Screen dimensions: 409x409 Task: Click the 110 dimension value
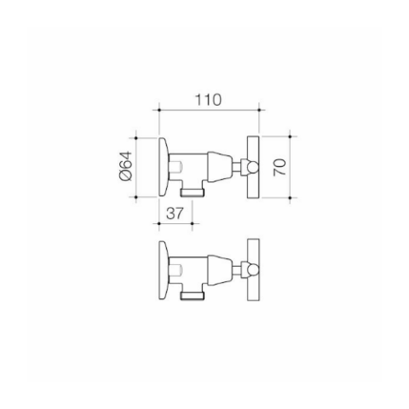point(208,100)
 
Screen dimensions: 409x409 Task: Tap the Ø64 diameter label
point(126,166)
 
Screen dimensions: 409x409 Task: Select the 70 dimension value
point(279,167)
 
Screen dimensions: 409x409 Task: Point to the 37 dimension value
point(175,213)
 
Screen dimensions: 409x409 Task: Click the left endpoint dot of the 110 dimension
point(159,110)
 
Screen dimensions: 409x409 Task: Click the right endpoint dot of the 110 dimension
point(259,110)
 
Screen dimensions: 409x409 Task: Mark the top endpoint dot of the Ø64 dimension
point(135,138)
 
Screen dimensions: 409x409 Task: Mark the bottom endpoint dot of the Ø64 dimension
point(135,197)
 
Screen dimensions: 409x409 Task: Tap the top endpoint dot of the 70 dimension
point(290,136)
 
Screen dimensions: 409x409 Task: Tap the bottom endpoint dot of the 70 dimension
point(290,198)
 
